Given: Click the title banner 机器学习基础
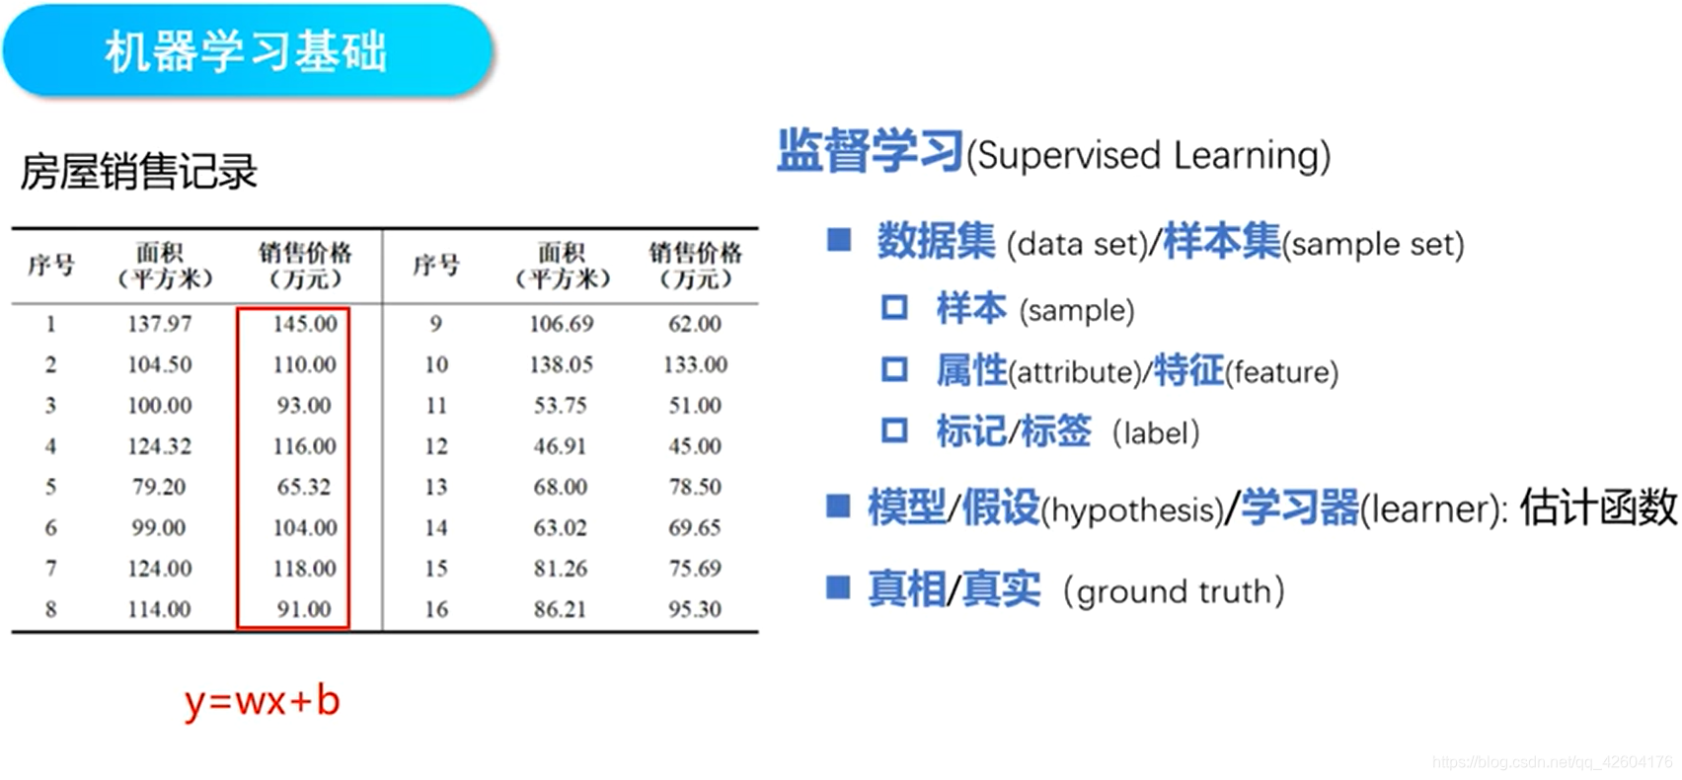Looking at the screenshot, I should click(246, 51).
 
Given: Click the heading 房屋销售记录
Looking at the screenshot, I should click(139, 172).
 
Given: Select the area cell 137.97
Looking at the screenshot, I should click(160, 324).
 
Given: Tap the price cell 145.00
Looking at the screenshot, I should click(305, 324).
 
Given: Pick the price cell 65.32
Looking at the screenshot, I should click(303, 487).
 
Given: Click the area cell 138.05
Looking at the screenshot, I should click(561, 364).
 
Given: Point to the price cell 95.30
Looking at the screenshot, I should click(695, 609).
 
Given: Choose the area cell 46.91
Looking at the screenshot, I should click(560, 446).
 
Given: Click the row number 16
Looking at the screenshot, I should click(436, 609).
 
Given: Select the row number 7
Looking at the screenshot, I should click(50, 569).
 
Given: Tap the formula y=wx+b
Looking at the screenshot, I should click(263, 701).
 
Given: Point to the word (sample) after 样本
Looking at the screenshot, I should click(1077, 311).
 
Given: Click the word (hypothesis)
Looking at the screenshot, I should click(1132, 510).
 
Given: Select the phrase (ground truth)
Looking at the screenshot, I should click(1174, 591).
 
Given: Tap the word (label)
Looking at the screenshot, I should click(1156, 432).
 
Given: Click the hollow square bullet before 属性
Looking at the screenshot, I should click(894, 370).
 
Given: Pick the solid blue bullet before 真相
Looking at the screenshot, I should click(838, 588).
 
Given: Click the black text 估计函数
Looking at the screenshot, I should click(1598, 507).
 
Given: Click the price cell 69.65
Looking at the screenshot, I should click(695, 528).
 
